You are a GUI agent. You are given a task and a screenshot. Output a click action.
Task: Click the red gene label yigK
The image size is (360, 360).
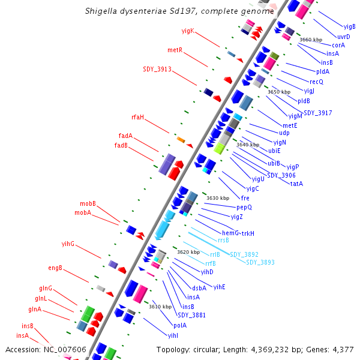coord(188,31)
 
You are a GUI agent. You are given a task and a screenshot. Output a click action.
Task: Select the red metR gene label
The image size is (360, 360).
coord(175,50)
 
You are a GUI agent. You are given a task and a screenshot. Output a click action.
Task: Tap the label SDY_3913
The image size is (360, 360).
coord(157,69)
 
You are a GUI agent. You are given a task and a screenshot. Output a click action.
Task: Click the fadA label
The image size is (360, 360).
coord(125,136)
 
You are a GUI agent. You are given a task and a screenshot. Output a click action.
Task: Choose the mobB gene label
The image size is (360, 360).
coord(88,204)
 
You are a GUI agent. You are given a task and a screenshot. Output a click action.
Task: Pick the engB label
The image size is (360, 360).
coord(55,268)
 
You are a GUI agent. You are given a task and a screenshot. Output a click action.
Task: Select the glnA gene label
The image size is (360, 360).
coord(35,310)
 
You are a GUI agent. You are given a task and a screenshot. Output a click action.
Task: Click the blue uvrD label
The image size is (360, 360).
coord(344,37)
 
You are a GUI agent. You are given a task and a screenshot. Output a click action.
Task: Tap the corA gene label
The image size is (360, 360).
coord(338,45)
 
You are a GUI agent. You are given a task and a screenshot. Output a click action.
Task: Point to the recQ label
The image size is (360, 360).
coord(316,81)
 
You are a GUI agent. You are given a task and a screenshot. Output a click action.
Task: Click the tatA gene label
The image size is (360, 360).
coord(296,184)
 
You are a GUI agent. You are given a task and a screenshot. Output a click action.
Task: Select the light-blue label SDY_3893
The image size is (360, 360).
coord(260,262)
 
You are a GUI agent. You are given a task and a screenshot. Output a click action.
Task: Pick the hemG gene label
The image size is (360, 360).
coord(230,233)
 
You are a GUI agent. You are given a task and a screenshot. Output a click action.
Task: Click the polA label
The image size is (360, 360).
coord(180,325)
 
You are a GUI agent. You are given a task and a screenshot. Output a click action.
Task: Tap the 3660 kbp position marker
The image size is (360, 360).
coord(311,40)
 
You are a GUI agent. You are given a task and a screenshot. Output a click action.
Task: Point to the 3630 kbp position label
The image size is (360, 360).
coord(218,198)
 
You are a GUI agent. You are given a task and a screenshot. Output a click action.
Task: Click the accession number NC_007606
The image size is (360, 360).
coord(65,349)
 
